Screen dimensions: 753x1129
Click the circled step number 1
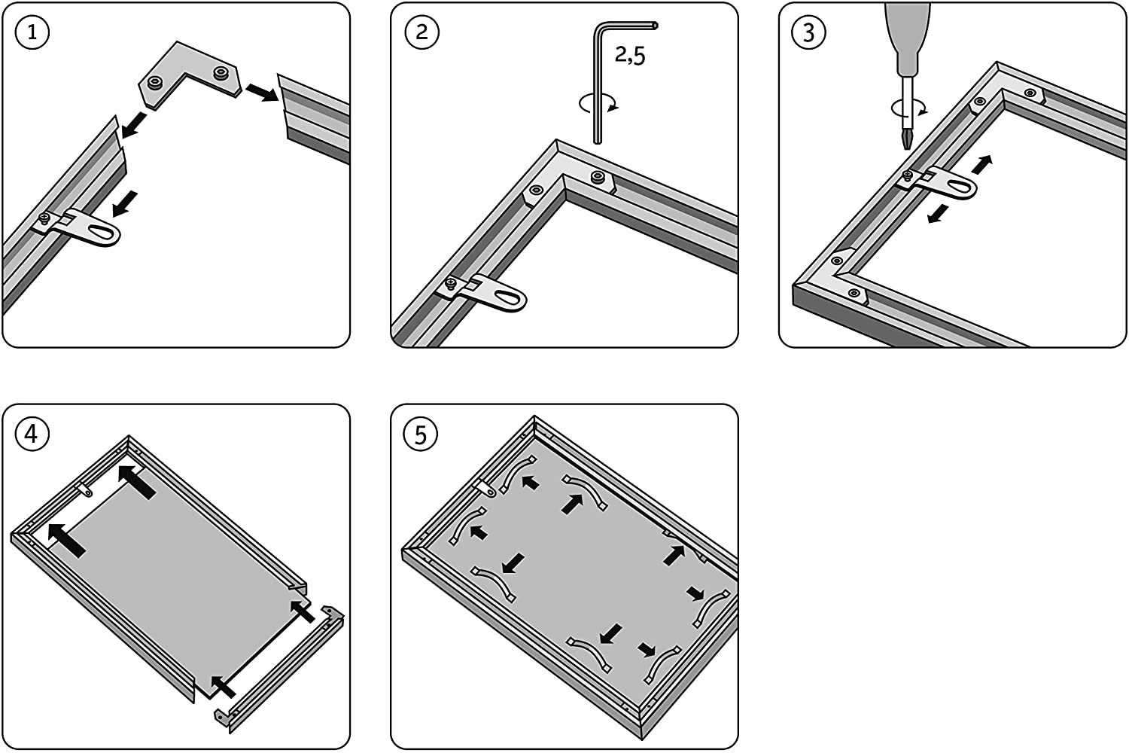point(32,32)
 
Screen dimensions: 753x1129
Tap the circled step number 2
point(421,32)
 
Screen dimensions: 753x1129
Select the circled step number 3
point(809,32)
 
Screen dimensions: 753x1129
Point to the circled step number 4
point(32,434)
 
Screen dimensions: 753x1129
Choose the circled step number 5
point(421,434)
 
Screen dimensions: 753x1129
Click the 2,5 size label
point(630,55)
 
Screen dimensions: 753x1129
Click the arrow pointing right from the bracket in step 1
point(260,91)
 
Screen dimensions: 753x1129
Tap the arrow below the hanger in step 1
point(124,203)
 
